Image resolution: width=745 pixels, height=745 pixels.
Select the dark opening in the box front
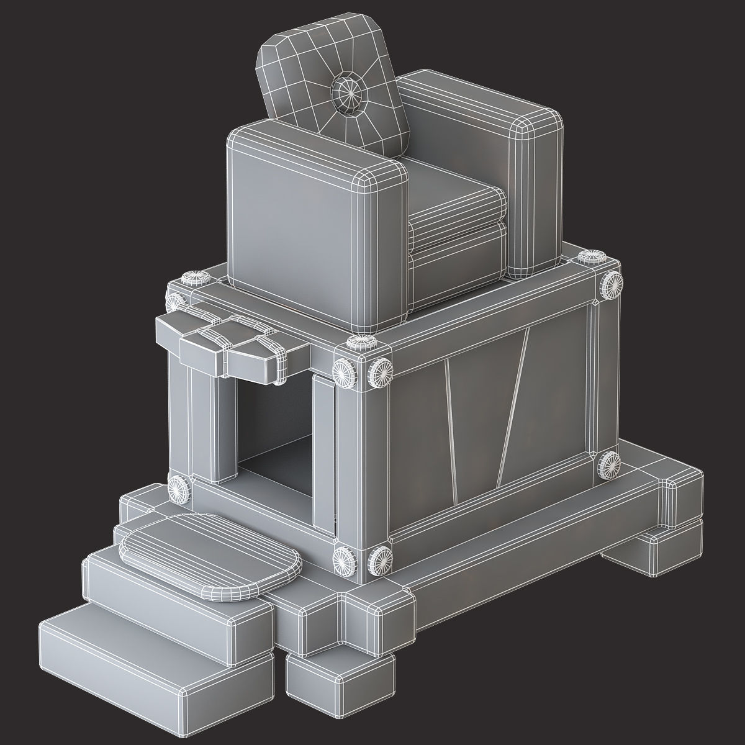(273, 428)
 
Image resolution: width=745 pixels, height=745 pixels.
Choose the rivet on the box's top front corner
(360, 345)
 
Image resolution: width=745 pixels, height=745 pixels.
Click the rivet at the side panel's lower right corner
(610, 463)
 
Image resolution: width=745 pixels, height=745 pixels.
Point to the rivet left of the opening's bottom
(180, 488)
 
